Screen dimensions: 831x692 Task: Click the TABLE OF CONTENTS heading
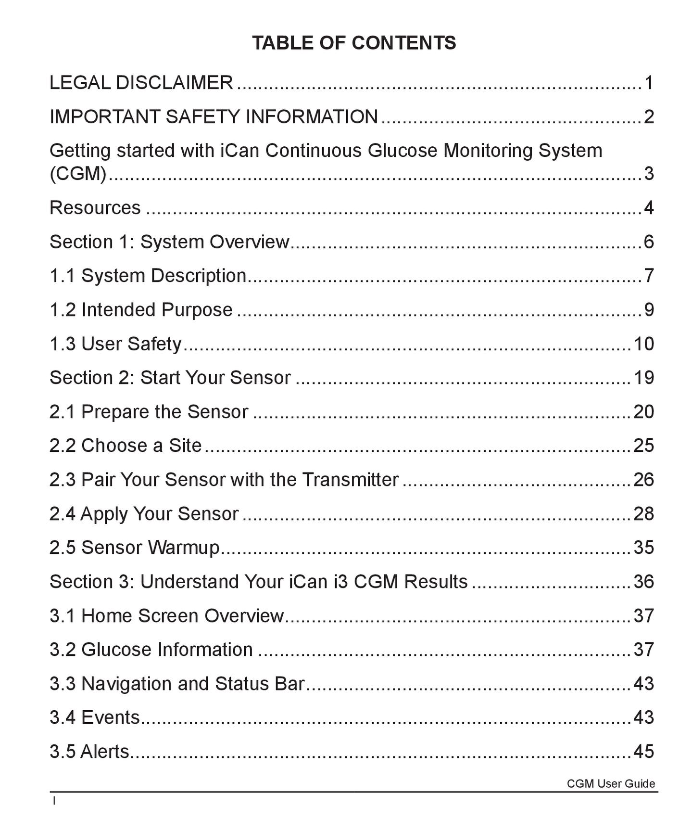[x=354, y=43]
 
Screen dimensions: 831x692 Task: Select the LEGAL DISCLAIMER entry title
[x=141, y=83]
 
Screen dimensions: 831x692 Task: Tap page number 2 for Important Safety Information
[x=649, y=117]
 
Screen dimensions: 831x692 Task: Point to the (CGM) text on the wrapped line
[x=78, y=173]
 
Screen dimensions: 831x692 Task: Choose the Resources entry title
[x=95, y=208]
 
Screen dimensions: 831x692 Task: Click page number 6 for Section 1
[x=649, y=242]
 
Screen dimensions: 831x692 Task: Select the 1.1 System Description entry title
[x=148, y=276]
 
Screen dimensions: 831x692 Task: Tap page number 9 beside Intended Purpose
[x=649, y=310]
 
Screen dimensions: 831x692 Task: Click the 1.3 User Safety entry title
[x=115, y=344]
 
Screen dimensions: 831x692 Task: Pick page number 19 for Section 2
[x=644, y=378]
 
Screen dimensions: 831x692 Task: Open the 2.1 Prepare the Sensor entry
[x=149, y=412]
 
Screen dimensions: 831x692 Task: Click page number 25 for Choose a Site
[x=644, y=446]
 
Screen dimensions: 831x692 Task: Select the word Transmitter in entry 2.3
[x=350, y=480]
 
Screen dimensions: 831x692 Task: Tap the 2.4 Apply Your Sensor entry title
[x=144, y=514]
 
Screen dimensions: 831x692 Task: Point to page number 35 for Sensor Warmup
[x=644, y=548]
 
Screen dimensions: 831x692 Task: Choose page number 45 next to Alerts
[x=644, y=752]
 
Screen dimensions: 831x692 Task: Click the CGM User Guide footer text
[x=611, y=784]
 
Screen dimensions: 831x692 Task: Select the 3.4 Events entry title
[x=95, y=717]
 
